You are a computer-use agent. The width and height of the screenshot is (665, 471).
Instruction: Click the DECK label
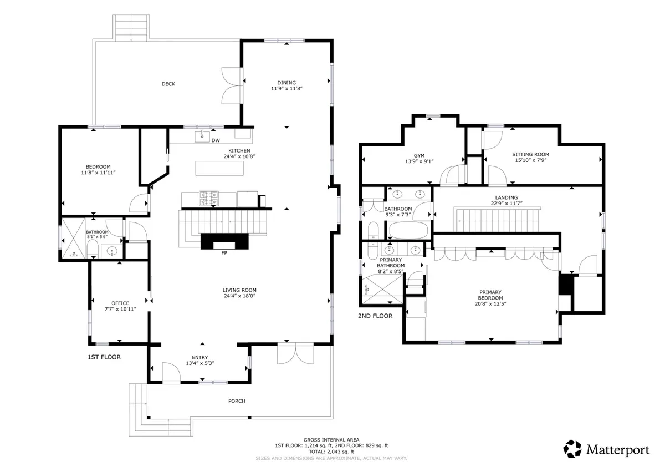168,84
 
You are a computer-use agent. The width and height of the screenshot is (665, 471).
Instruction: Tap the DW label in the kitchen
216,140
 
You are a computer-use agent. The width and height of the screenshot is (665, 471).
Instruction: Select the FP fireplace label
224,253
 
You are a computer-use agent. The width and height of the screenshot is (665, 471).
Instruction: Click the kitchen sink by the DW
202,136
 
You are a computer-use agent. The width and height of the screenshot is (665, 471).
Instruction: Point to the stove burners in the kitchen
209,199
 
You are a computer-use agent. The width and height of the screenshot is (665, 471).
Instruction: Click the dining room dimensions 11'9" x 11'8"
287,89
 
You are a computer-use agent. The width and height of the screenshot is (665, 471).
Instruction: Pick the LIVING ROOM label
239,290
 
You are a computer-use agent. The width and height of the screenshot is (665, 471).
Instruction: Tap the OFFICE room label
120,303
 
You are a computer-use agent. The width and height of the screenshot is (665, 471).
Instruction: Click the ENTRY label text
200,357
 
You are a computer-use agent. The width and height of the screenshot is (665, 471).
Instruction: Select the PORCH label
237,401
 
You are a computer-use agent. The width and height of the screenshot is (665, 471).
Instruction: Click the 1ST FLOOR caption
104,357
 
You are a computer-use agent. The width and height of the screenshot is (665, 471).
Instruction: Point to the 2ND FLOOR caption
375,316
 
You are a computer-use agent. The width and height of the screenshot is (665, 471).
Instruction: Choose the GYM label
419,155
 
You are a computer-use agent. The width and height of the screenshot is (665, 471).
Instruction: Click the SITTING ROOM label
530,154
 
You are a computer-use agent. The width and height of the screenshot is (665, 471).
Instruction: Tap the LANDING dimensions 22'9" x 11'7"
507,203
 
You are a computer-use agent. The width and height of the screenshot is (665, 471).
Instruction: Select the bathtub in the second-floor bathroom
408,230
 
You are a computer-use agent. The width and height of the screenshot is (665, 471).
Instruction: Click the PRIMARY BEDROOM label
490,295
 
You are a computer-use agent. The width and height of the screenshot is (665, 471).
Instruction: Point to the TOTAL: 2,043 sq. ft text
331,452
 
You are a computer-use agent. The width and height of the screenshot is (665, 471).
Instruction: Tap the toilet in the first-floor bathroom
93,249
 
